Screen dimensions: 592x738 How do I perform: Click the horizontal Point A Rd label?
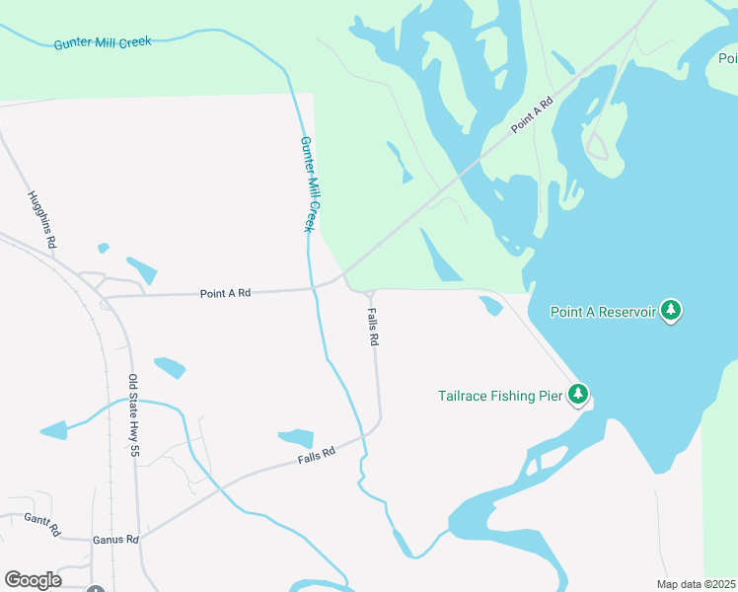point(225,293)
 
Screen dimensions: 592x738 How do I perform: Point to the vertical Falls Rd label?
point(373,325)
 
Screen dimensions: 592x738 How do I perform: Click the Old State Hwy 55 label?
point(133,415)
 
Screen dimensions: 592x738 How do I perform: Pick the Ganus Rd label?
point(115,540)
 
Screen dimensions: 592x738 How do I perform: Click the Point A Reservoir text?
point(603,312)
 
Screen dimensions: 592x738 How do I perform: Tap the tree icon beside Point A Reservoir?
point(672,311)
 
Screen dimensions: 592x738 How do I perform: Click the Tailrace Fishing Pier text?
point(500,396)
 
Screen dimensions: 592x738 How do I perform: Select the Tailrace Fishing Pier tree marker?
point(577,396)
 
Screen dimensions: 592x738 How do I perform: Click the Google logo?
point(34,580)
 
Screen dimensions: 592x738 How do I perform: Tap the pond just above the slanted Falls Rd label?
point(295,437)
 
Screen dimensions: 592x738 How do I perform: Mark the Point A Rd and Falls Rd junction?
point(368,292)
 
